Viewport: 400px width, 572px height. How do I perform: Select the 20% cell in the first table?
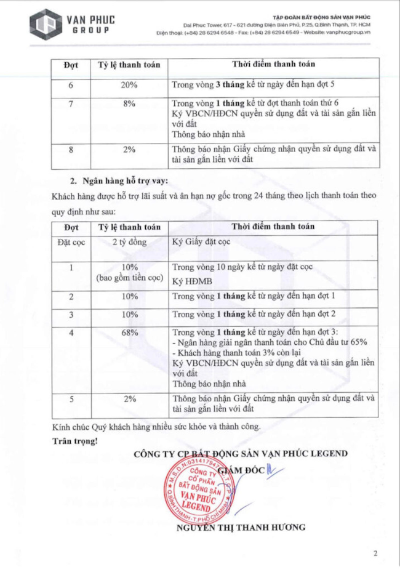pos(129,85)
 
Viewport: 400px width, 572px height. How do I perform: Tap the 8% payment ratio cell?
pos(129,104)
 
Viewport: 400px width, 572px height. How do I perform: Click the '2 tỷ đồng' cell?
pos(129,242)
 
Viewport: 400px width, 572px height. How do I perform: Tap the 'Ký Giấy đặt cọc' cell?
pos(201,242)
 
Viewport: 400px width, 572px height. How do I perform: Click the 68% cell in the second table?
pos(129,333)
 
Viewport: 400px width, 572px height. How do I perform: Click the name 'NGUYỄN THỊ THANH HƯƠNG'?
pos(241,527)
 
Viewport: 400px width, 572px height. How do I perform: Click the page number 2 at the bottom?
pos(375,553)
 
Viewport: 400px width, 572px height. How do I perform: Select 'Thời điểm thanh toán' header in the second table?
pos(273,227)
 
